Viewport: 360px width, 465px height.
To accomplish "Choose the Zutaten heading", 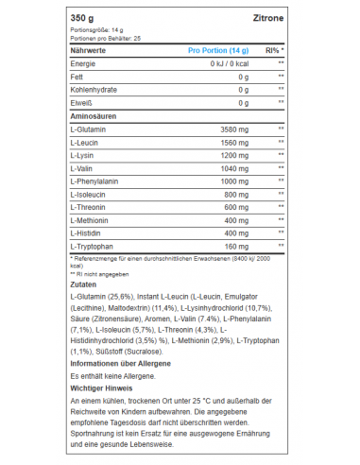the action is pos(84,283).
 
